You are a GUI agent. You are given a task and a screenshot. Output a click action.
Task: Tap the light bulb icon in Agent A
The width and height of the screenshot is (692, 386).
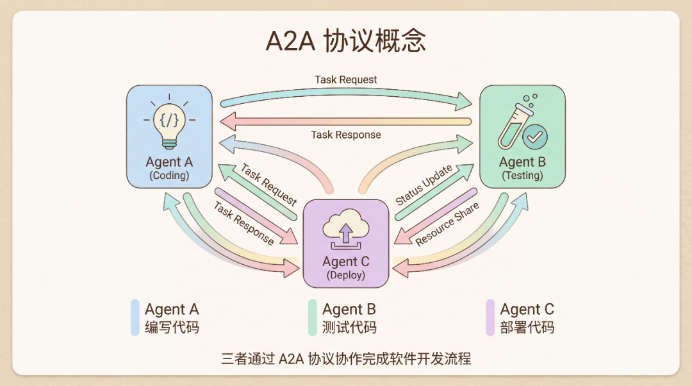tap(169, 122)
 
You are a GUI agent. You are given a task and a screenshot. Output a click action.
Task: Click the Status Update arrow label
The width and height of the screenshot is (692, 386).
tap(424, 185)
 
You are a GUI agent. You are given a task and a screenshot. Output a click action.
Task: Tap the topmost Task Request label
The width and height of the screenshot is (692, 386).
tap(345, 80)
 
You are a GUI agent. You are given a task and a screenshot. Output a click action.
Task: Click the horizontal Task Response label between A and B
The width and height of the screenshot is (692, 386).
tap(345, 135)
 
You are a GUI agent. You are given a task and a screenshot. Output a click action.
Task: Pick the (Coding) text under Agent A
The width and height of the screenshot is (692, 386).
tap(169, 175)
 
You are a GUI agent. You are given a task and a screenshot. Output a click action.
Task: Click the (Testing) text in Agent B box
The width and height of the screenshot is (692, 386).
tap(522, 175)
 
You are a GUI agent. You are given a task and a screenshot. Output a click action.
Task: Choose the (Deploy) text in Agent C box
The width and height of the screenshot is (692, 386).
tap(345, 275)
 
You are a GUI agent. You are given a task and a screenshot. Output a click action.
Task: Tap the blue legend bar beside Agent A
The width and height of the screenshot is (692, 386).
tap(135, 317)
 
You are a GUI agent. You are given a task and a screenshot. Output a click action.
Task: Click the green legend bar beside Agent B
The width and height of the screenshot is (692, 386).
tap(312, 317)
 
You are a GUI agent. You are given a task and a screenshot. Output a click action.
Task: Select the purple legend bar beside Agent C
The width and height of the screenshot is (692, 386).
tap(490, 317)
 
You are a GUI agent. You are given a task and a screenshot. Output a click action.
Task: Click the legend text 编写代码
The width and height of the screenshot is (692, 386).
tap(172, 328)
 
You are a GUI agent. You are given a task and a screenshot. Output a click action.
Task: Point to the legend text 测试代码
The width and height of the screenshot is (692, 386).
tap(349, 328)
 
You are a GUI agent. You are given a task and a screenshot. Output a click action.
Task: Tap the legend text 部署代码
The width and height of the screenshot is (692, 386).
tap(527, 328)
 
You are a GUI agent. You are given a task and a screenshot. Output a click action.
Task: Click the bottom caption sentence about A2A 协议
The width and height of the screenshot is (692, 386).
tap(345, 358)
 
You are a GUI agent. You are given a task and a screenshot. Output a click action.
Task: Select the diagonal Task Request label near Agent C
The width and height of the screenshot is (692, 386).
tap(269, 185)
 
